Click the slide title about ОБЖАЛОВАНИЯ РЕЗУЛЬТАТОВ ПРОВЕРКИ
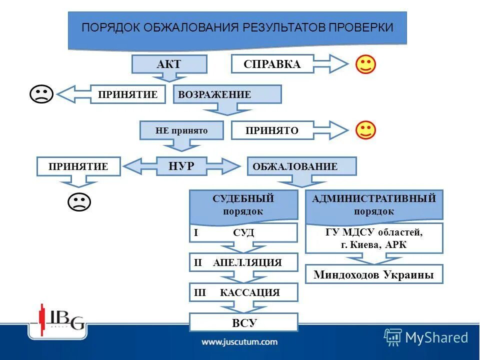pos(237,27)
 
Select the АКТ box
pos(169,64)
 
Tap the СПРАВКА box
pos(272,64)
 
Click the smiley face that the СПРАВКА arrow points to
pos(365,64)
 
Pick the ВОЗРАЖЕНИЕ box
pos(227,94)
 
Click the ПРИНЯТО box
pos(272,130)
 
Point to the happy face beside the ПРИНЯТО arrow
pos(365,130)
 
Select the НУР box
pos(181,166)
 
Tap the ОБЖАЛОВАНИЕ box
pos(301,166)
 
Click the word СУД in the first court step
pos(243,233)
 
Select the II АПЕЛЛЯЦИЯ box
pos(243,262)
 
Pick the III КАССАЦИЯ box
pos(243,292)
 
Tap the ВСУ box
pos(243,322)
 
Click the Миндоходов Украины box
pos(374,274)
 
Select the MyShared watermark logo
pos(426,337)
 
